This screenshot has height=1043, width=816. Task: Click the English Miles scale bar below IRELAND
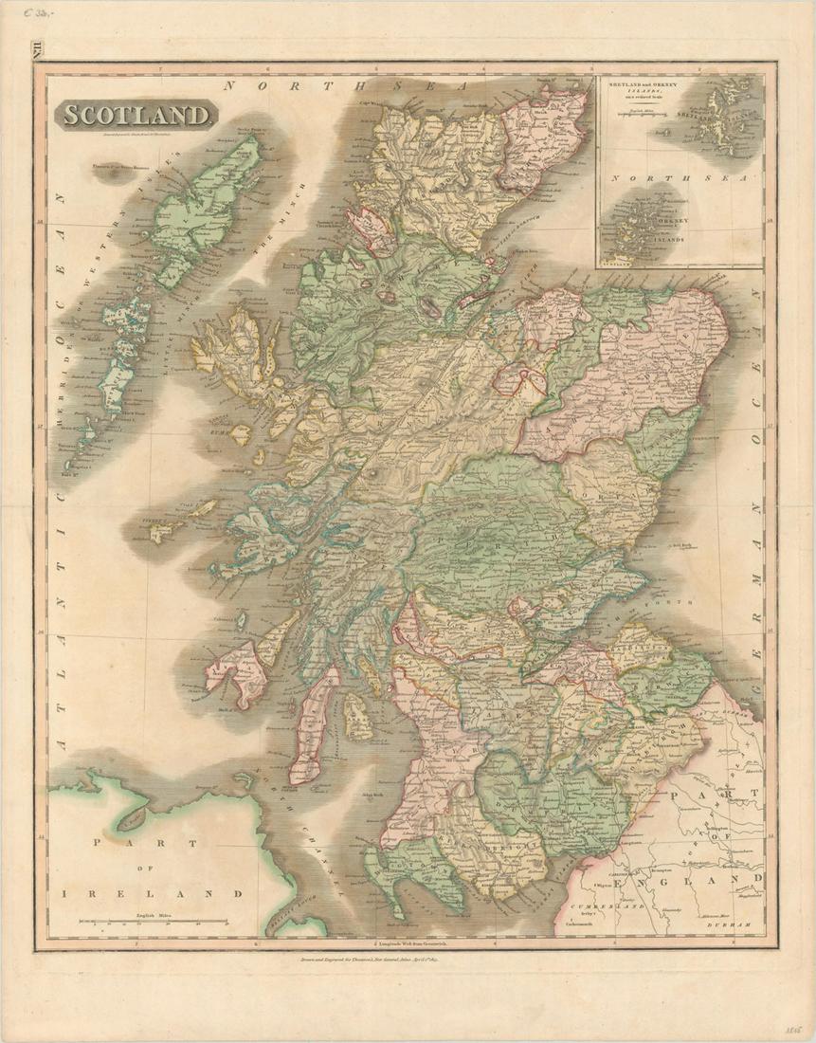152,920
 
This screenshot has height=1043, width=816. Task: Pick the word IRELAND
151,893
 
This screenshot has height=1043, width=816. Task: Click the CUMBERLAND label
626,906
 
